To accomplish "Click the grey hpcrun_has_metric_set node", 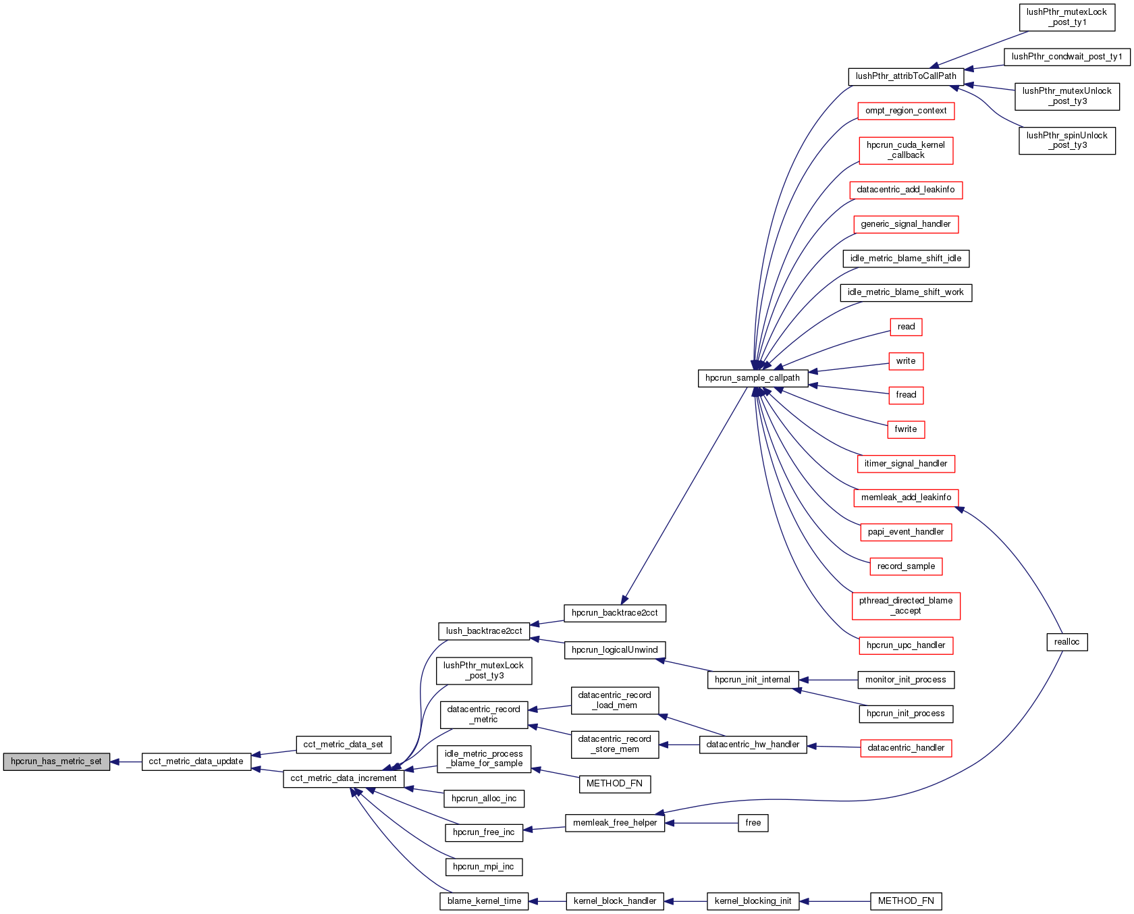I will (56, 761).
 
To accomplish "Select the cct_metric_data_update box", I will (196, 761).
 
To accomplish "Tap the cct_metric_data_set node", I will (343, 745).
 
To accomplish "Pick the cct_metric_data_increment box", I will (343, 778).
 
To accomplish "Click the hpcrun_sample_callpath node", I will (752, 378).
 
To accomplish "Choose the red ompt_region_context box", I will (905, 111).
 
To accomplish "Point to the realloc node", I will (1066, 642).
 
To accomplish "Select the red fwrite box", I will (905, 429).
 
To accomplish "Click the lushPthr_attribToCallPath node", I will (905, 76).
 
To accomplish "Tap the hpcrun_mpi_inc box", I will (483, 867).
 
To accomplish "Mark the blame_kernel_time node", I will (483, 901).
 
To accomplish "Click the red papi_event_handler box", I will (905, 532).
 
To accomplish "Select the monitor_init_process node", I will (905, 680).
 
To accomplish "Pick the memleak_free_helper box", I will (614, 823).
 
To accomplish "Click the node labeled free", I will (753, 823).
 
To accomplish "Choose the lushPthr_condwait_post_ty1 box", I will (1066, 57).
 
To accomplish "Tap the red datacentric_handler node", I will (905, 748).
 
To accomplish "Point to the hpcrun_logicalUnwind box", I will (614, 650).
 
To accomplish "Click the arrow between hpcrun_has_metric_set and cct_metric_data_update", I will (126, 761).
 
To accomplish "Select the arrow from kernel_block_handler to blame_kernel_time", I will (547, 901).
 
